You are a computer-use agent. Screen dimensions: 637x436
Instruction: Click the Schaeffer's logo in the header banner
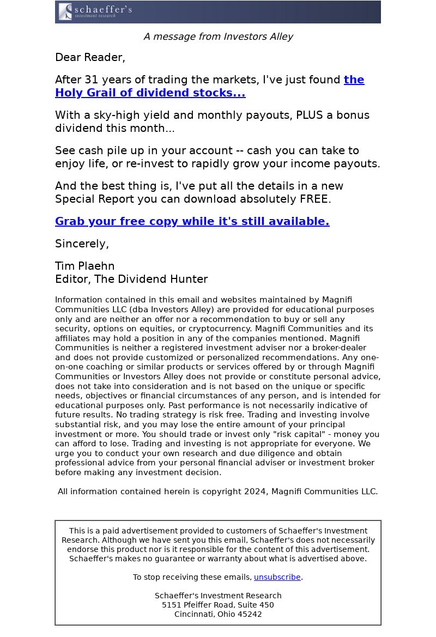[x=95, y=11]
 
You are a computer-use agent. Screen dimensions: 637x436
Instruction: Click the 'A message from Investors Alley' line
[x=218, y=37]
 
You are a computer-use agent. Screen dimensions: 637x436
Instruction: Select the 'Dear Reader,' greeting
[x=90, y=57]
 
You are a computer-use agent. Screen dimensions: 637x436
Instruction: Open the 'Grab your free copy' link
[x=192, y=221]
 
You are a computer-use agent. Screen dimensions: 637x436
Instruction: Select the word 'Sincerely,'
[x=82, y=244]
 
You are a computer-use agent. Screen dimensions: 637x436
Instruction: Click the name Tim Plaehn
[x=84, y=266]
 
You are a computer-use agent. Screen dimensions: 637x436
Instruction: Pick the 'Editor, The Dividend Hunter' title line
[x=131, y=280]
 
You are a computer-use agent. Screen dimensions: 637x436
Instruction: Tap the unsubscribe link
[x=277, y=577]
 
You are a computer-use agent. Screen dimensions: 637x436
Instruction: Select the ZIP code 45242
[x=249, y=614]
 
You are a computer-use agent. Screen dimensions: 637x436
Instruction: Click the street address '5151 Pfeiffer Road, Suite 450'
[x=218, y=605]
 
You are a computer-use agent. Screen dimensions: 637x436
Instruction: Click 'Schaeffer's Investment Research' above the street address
[x=218, y=596]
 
